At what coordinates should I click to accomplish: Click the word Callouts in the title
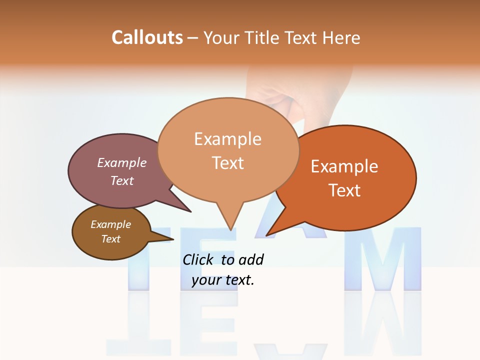(x=147, y=37)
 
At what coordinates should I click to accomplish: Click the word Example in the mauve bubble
(x=122, y=162)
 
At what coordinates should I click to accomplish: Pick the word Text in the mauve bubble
(x=122, y=180)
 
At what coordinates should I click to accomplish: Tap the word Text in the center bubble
(x=227, y=162)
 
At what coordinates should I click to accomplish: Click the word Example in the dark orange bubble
(x=344, y=166)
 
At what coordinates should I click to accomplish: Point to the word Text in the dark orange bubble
(x=344, y=190)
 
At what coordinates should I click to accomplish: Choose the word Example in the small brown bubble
(x=110, y=224)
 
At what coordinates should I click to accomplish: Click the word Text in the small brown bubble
(x=110, y=239)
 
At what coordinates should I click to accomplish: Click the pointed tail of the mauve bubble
(x=190, y=211)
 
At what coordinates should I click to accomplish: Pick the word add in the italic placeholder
(x=250, y=259)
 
